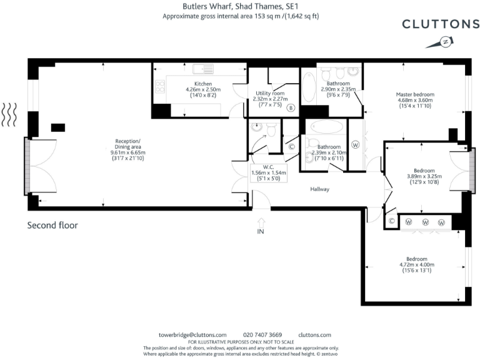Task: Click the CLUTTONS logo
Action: point(441,24)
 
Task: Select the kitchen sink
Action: point(203,69)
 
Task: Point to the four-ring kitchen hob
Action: point(160,86)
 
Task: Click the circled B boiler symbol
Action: point(291,107)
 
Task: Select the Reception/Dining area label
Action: point(127,150)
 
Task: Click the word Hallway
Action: point(319,189)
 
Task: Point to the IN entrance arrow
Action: point(261,226)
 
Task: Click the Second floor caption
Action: point(52,225)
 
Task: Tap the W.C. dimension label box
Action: point(269,173)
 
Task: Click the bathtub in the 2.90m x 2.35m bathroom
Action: point(309,87)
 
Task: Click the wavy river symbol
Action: point(9,115)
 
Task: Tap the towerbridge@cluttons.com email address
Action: point(192,335)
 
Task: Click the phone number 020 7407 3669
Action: point(262,335)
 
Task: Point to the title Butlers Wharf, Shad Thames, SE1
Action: point(240,6)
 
